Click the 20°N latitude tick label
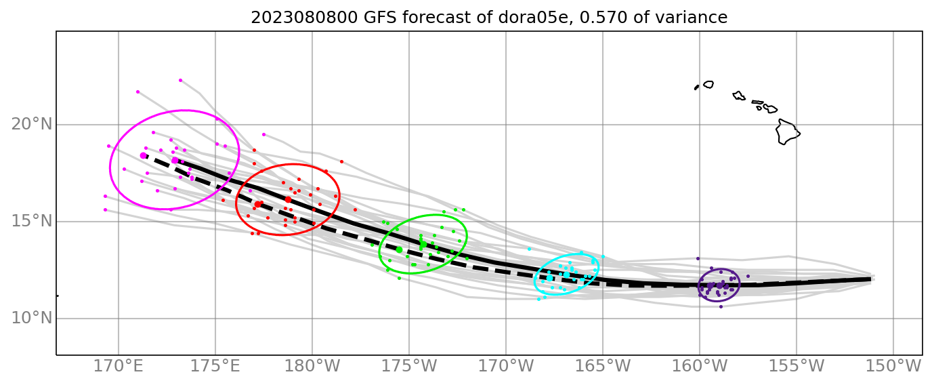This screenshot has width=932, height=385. click(31, 125)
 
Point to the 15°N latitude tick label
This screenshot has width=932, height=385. click(31, 222)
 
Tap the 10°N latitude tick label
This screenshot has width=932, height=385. click(31, 318)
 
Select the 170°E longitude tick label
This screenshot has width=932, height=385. click(119, 367)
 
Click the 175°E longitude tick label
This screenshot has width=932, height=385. click(215, 367)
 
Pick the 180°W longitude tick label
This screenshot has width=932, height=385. click(312, 367)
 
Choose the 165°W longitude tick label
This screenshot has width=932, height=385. click(603, 367)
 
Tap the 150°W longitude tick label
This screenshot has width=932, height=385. click(893, 367)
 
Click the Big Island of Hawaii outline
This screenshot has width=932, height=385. click(787, 131)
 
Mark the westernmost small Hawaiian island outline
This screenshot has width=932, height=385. click(696, 87)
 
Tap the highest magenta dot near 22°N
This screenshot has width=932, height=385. click(180, 80)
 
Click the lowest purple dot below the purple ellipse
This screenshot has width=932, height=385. click(721, 306)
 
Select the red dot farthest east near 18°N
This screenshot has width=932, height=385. click(341, 161)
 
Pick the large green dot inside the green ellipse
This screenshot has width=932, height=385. click(399, 249)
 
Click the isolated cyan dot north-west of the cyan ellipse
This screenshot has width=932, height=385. click(529, 249)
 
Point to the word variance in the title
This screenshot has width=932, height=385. click(692, 18)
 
